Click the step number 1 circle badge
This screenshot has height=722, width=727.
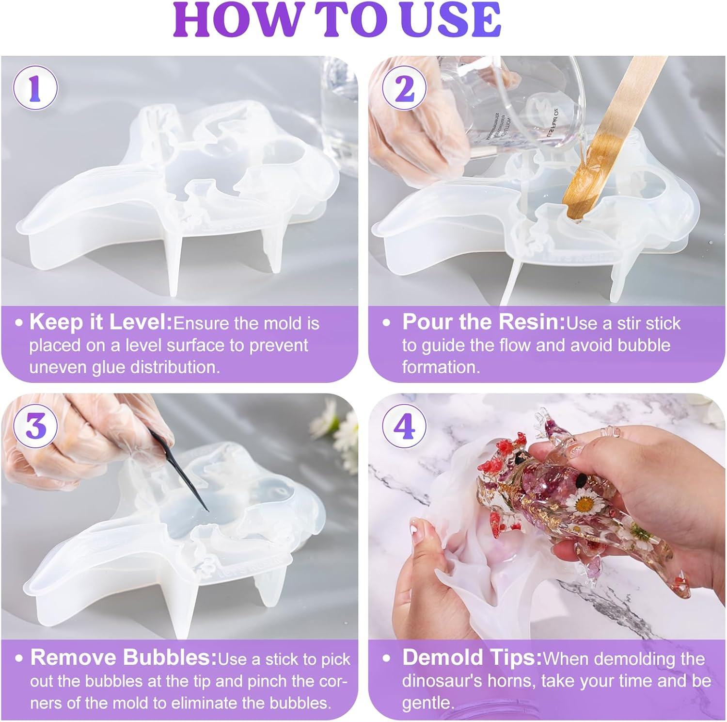[x=35, y=89]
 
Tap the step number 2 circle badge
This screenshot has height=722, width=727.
[x=404, y=89]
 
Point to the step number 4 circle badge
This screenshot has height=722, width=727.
[x=404, y=427]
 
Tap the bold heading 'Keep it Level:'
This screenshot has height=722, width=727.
[x=100, y=322]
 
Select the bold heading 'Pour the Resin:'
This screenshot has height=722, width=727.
[x=483, y=322]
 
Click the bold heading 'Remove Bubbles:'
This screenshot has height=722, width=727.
[x=123, y=658]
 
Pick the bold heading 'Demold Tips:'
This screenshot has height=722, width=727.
[x=472, y=658]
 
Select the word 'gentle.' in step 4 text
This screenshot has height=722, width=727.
[x=428, y=702]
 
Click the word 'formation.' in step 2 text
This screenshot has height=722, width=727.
[x=441, y=367]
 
